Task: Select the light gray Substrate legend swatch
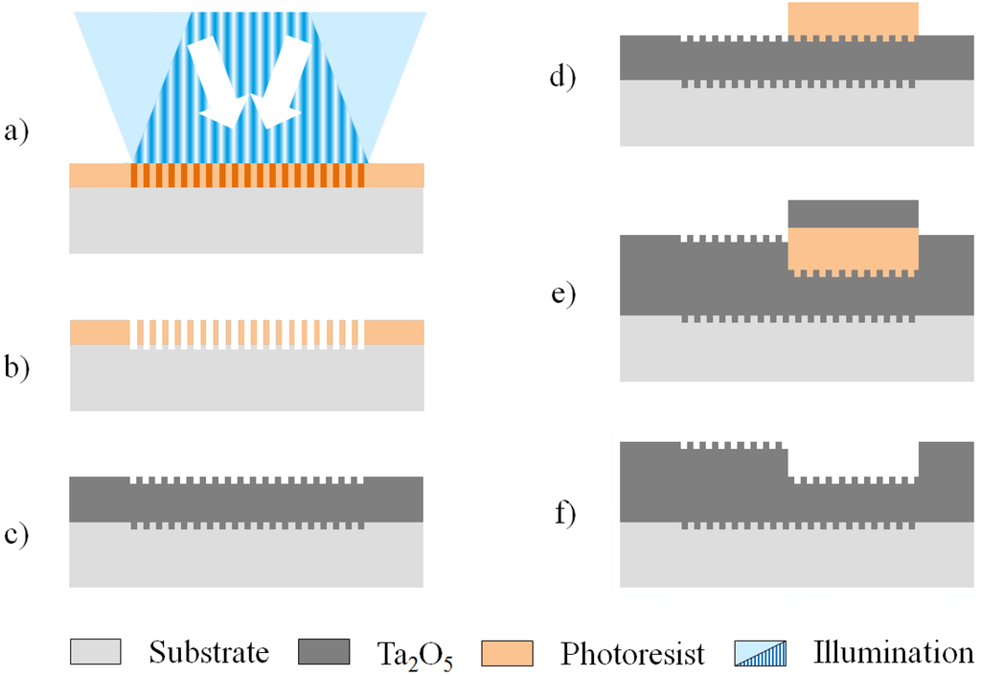(95, 653)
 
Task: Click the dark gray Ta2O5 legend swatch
(324, 653)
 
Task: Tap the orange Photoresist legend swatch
(509, 653)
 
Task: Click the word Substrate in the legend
(209, 654)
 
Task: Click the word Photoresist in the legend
(632, 655)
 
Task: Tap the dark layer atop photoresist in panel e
(853, 213)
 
